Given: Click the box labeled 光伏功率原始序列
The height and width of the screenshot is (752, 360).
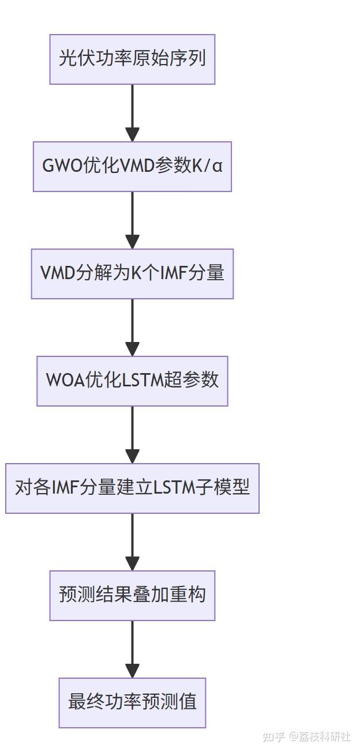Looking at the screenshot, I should pos(132,59).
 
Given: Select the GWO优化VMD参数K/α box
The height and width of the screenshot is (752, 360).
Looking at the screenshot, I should pos(132,167).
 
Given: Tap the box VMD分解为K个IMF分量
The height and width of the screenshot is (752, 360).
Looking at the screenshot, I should pos(132,274).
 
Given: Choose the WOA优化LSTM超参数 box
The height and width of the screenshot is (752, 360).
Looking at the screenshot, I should pos(132,381).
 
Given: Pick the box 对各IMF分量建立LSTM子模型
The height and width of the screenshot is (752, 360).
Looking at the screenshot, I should pos(132,488).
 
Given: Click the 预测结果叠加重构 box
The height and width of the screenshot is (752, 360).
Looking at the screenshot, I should pos(132,596).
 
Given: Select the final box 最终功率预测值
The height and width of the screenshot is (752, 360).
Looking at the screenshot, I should pos(132,703).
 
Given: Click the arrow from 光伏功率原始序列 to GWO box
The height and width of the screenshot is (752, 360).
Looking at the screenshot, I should pos(132,112).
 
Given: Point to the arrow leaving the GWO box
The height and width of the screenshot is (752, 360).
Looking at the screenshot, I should pos(132,220).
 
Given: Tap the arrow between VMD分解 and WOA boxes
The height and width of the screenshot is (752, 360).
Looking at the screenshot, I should pos(132,327).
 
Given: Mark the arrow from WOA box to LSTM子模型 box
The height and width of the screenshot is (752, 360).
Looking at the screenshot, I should pos(132,434).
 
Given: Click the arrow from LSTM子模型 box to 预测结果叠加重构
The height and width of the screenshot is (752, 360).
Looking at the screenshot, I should pos(132,542).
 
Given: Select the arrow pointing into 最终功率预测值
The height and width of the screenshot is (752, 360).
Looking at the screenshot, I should pos(132,649).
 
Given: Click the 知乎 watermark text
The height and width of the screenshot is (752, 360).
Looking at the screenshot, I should pos(273,737).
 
